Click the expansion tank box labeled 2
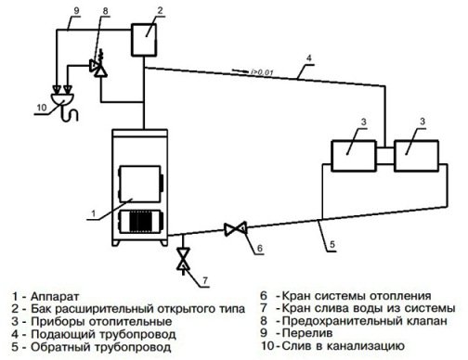(x=144, y=40)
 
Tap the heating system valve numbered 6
(x=236, y=229)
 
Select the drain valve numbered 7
(x=183, y=259)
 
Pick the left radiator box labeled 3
(x=354, y=156)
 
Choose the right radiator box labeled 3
(x=416, y=156)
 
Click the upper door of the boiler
(x=141, y=184)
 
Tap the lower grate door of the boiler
(x=141, y=222)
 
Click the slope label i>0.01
(x=262, y=72)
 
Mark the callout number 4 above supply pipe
(x=308, y=58)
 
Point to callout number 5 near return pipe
(x=332, y=244)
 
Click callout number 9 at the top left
(x=76, y=10)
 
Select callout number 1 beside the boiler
(x=93, y=213)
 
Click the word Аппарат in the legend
(x=55, y=297)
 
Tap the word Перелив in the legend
(x=307, y=333)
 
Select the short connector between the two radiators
(x=385, y=156)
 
